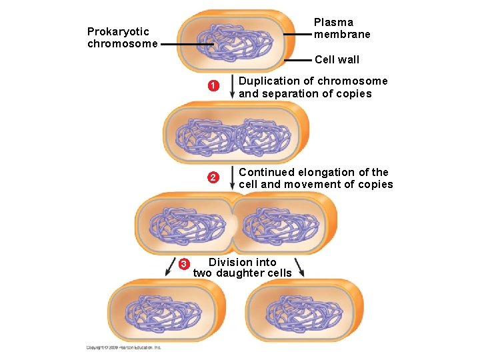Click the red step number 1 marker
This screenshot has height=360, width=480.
(212, 86)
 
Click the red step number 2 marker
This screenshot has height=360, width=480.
(212, 177)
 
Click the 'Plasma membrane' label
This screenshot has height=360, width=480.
(342, 29)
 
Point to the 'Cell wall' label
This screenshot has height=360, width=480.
(337, 59)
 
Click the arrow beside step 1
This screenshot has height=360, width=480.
(231, 87)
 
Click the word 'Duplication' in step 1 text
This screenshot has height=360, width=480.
(270, 81)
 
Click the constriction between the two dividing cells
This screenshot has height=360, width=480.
(232, 223)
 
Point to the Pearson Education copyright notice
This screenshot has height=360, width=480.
(124, 347)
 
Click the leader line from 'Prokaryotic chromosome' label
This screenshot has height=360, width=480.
(187, 45)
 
